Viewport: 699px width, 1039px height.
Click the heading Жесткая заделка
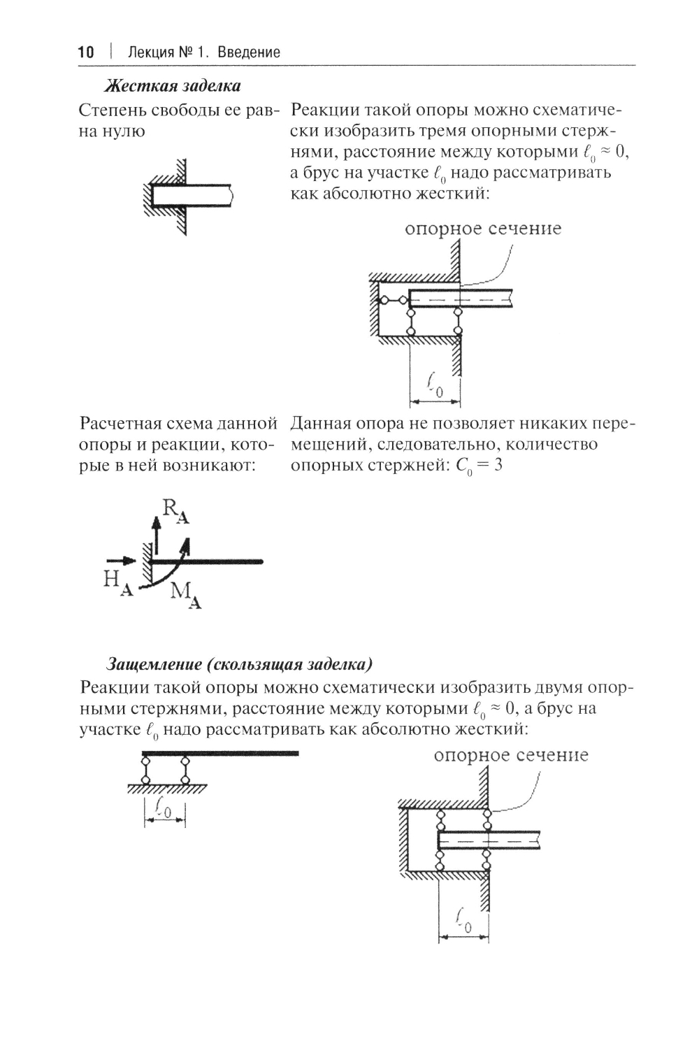(x=173, y=86)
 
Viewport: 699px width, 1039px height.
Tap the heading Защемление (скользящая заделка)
(x=238, y=663)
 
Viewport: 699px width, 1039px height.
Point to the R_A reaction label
(x=175, y=510)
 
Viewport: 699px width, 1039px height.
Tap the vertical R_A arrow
(x=155, y=538)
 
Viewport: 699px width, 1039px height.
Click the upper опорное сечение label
(x=483, y=229)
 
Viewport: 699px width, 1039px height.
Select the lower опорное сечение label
(x=511, y=755)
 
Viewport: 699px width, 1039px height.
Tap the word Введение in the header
(x=249, y=52)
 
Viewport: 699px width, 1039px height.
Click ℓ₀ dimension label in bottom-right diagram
(x=463, y=919)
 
